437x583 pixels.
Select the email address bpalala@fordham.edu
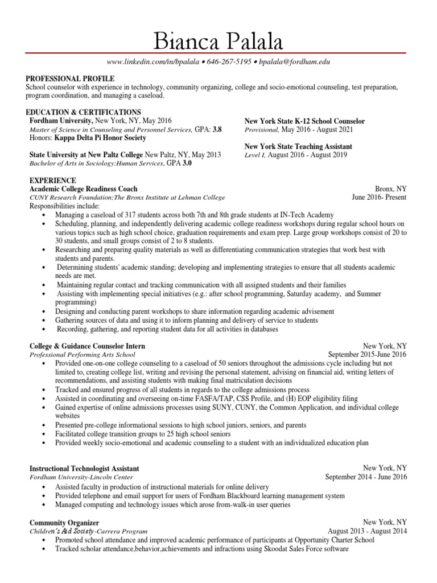tap(295, 61)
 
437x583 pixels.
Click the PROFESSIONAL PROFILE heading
tap(70, 79)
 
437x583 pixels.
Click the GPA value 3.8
tap(217, 129)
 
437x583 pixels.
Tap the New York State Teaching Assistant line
tap(298, 146)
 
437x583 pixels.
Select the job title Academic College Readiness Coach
tap(83, 188)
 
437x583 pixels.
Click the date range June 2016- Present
tap(380, 197)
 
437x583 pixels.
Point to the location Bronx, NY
tap(391, 188)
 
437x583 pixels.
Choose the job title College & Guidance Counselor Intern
tap(87, 346)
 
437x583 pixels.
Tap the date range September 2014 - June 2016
tap(366, 477)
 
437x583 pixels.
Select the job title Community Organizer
tap(64, 523)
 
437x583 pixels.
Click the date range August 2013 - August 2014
tap(368, 531)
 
